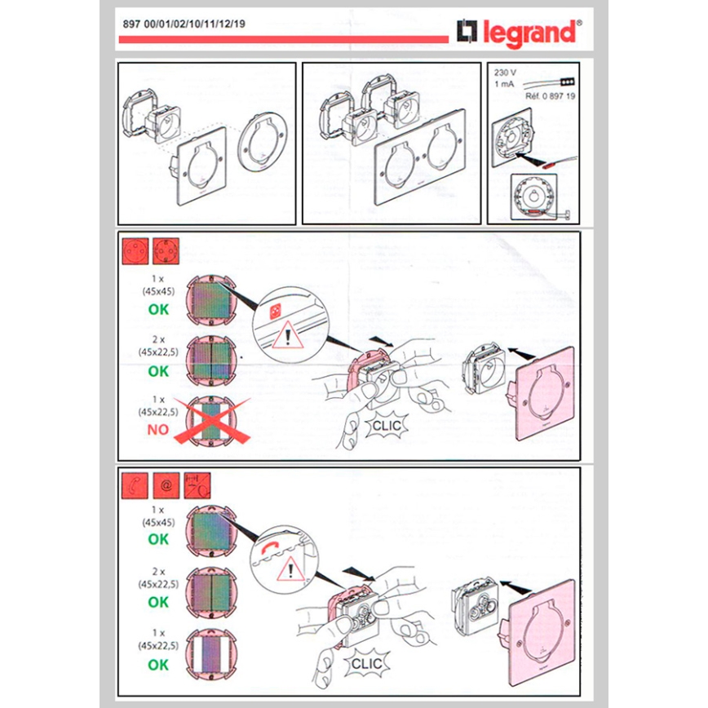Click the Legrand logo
click(519, 33)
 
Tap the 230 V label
click(505, 72)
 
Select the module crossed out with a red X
click(210, 421)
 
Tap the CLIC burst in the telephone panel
click(365, 664)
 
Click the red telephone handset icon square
click(135, 485)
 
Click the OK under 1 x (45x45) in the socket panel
click(158, 309)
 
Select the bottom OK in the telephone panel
click(158, 664)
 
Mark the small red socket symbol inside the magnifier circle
click(274, 311)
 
